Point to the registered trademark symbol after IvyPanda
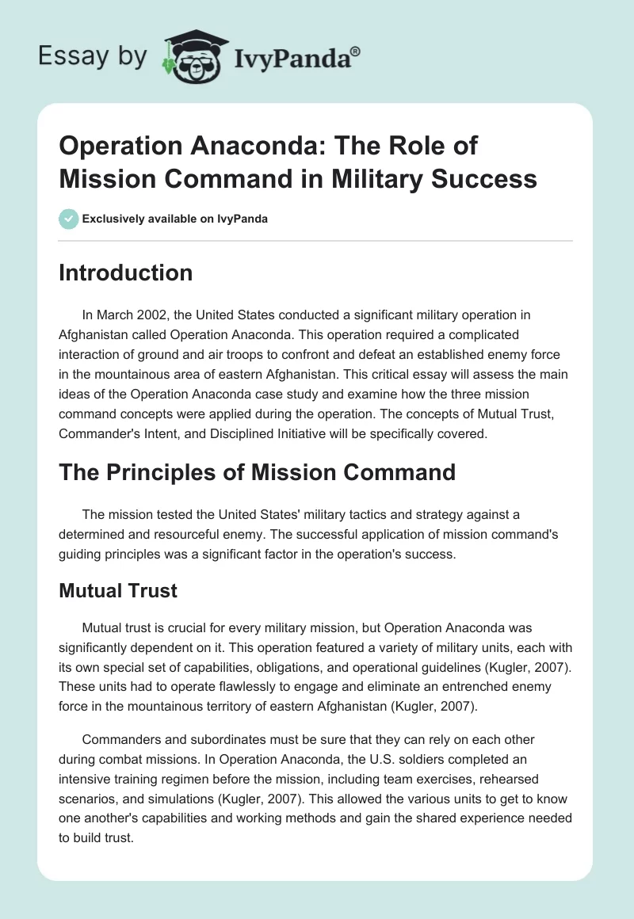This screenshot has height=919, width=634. tap(356, 51)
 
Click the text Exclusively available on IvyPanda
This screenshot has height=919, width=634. tap(174, 219)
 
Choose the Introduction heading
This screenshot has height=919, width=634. tap(126, 273)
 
